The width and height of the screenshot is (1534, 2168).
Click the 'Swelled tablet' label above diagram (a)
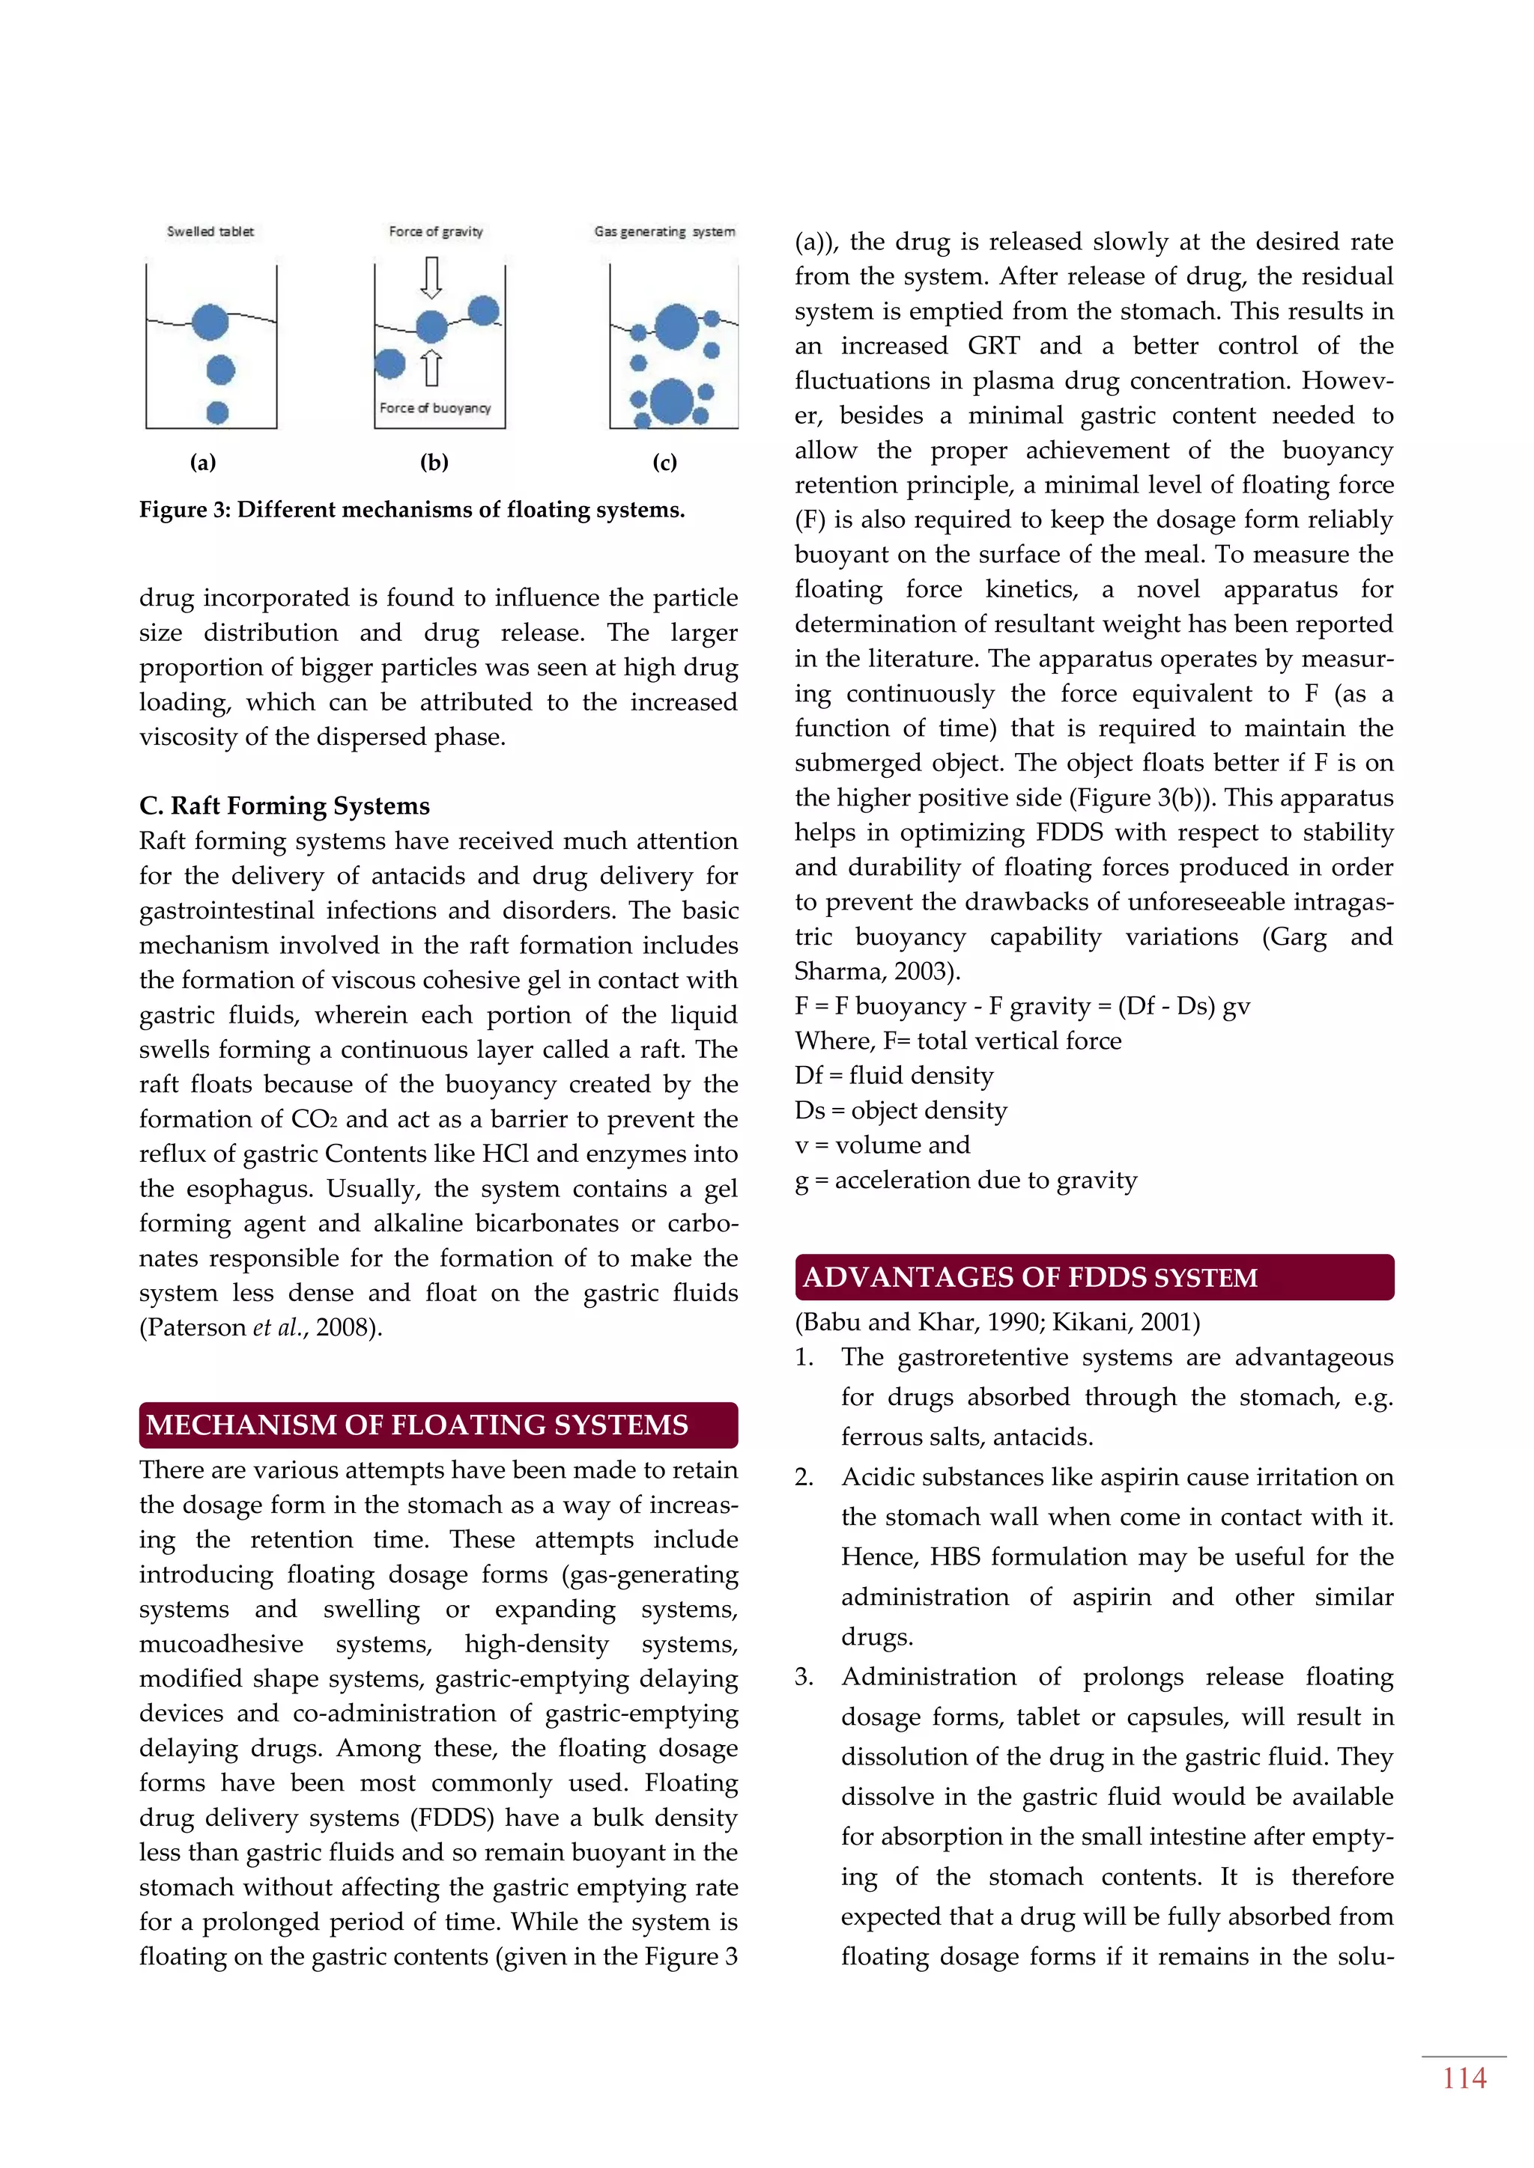[x=210, y=231]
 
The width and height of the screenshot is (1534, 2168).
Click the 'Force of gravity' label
[x=435, y=231]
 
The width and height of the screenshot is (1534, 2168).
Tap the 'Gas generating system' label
[x=664, y=231]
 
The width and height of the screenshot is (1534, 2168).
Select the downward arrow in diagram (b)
[x=431, y=277]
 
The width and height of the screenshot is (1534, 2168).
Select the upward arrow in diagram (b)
[x=431, y=368]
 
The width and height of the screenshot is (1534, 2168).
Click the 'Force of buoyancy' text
[x=434, y=408]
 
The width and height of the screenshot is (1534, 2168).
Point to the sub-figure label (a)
[x=203, y=462]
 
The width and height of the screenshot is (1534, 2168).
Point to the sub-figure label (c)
[x=665, y=462]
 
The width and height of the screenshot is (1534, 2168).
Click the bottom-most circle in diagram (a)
[x=217, y=412]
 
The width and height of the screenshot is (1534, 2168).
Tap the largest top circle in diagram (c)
[x=676, y=326]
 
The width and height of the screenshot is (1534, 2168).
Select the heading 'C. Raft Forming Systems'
[x=285, y=806]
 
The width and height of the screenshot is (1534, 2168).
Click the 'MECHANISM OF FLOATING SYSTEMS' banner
[x=437, y=1425]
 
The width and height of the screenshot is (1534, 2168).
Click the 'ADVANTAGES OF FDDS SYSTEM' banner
[x=1094, y=1278]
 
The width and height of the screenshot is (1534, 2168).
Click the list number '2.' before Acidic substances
[x=804, y=1477]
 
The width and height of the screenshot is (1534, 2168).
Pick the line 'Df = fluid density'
[x=894, y=1076]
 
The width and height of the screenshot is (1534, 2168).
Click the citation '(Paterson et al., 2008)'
[x=261, y=1327]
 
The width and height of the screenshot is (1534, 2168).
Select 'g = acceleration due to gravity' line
[x=965, y=1181]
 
